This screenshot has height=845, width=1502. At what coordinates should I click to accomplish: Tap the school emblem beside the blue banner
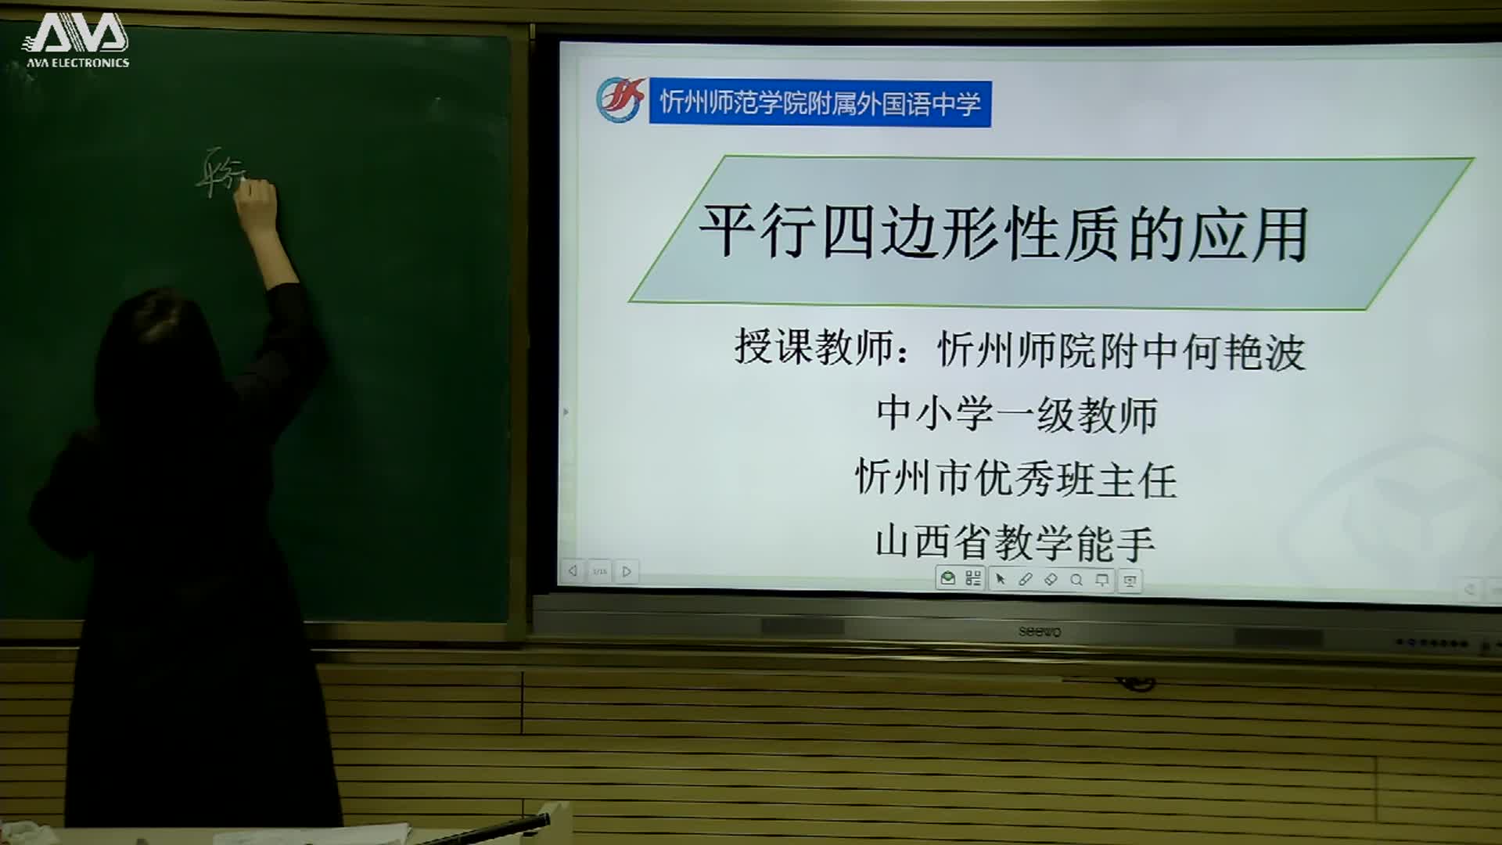click(x=620, y=100)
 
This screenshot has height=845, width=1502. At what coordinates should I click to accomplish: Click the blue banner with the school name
click(x=820, y=103)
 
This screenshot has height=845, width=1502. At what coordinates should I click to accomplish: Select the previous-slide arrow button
click(x=573, y=571)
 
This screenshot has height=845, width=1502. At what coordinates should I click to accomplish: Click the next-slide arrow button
click(x=627, y=571)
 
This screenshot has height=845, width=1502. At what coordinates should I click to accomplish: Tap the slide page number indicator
click(x=600, y=571)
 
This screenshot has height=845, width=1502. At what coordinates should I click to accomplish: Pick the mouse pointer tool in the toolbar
click(x=1000, y=580)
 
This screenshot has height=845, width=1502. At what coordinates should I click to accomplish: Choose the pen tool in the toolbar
click(x=1026, y=580)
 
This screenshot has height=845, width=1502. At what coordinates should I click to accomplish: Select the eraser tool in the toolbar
click(x=1051, y=580)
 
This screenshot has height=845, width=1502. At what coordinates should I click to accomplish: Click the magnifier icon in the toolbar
click(x=1076, y=580)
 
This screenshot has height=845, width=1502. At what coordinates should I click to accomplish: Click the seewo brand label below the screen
click(x=1040, y=631)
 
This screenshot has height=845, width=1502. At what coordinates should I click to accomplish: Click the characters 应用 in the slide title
click(x=1249, y=235)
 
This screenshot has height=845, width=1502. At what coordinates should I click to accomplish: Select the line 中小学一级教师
click(x=1017, y=414)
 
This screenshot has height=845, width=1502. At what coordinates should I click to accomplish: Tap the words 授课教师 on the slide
click(x=814, y=347)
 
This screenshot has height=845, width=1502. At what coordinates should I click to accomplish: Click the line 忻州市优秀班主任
click(x=1016, y=479)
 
